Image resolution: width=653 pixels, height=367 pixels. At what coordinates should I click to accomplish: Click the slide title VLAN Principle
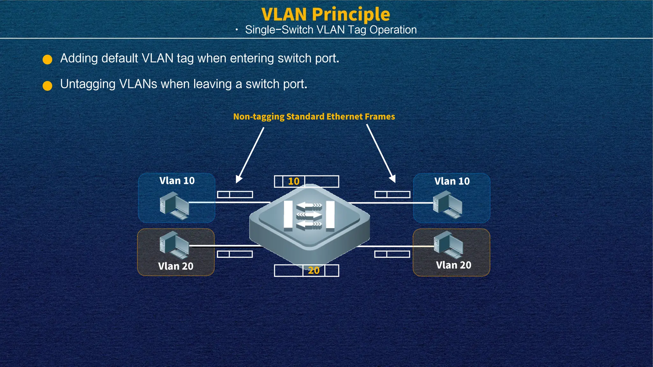click(x=326, y=14)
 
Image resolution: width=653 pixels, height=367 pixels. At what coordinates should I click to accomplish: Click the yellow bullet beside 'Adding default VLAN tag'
click(x=48, y=60)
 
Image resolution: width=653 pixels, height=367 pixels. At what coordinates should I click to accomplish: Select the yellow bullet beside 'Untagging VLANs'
click(x=48, y=86)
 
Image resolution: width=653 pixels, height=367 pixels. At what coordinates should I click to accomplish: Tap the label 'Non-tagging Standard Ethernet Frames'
click(x=314, y=117)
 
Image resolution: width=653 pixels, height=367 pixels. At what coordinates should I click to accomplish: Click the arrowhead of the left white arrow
click(x=238, y=179)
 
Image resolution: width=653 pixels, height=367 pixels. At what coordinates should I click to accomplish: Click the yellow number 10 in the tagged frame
click(x=294, y=182)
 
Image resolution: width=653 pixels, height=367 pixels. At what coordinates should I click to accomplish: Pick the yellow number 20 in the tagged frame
click(x=314, y=270)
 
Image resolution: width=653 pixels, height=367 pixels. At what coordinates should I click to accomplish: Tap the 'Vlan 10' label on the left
click(x=177, y=181)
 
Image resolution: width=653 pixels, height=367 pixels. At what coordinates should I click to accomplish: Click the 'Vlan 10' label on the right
click(x=452, y=181)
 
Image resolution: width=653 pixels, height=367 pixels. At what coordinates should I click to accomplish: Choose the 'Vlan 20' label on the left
click(x=176, y=266)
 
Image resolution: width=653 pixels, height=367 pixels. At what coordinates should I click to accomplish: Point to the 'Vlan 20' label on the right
click(x=453, y=265)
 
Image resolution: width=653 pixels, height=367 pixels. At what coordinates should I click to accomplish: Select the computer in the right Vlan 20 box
click(x=448, y=245)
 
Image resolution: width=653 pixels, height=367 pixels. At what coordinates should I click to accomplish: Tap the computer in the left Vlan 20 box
click(x=174, y=245)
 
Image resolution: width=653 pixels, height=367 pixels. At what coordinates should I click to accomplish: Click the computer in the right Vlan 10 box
click(x=447, y=205)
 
